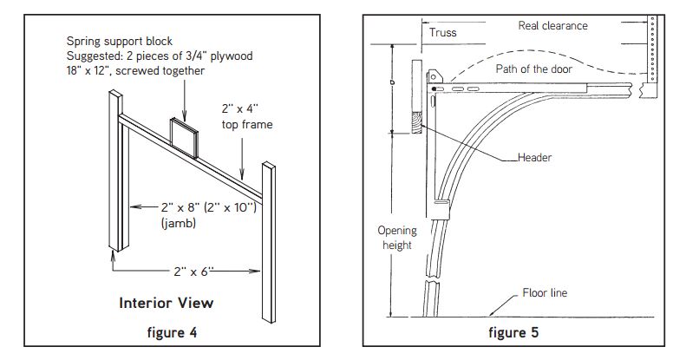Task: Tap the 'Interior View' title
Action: pos(166,303)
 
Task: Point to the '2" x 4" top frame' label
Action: pos(245,117)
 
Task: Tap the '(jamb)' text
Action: pos(180,223)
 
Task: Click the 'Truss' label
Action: pos(442,33)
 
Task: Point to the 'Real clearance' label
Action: pos(552,25)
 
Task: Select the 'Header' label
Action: pos(535,158)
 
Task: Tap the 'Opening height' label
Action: pos(396,238)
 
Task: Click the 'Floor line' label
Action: pos(545,292)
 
